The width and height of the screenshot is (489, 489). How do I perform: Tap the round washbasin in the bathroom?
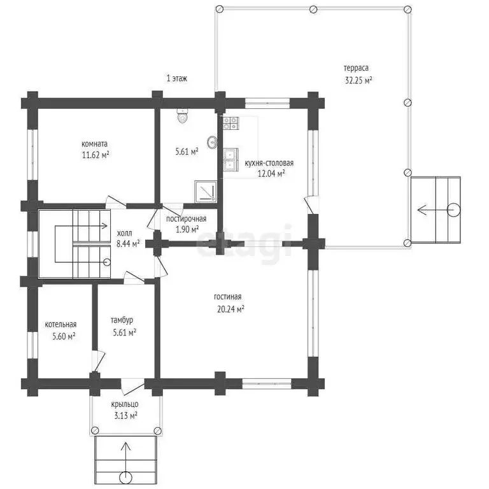(212, 143)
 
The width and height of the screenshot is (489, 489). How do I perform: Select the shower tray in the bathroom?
(206, 191)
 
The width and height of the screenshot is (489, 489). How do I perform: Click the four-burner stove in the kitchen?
(230, 123)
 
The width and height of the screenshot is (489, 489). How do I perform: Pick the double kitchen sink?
(230, 160)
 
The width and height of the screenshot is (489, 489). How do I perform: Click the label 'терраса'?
(356, 68)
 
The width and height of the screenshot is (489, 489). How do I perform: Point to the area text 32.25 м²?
(358, 80)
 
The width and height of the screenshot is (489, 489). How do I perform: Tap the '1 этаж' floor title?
(177, 78)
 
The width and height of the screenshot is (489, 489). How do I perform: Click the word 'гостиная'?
(228, 297)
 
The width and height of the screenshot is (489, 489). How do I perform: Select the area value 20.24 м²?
(230, 309)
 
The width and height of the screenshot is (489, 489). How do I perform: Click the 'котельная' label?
(60, 324)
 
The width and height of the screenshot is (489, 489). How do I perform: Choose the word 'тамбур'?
(122, 320)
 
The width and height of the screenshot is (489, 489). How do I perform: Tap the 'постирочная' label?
(186, 219)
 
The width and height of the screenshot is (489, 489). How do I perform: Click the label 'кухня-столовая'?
(269, 163)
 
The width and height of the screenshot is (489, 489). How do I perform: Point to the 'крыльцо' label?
(125, 404)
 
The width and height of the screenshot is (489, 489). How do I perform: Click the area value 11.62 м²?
(96, 155)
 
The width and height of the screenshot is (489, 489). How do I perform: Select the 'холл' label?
(124, 233)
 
